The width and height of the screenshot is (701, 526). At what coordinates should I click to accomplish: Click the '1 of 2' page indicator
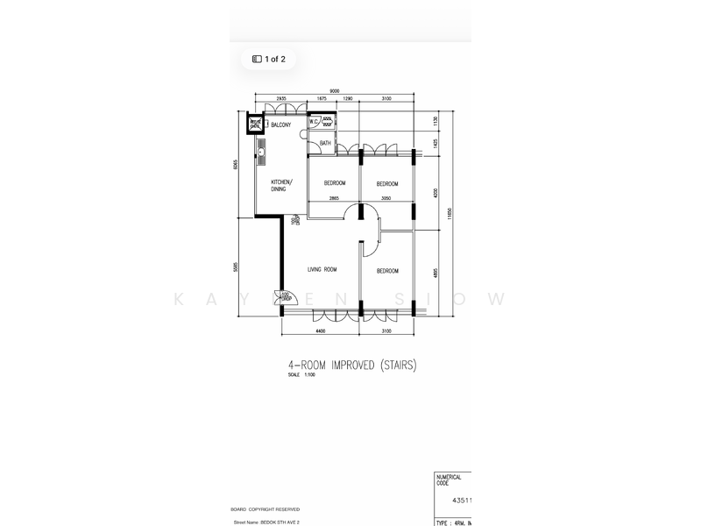pyautogui.click(x=269, y=60)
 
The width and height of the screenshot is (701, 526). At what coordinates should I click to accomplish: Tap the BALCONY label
pyautogui.click(x=280, y=125)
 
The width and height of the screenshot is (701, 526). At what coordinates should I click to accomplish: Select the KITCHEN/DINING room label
pyautogui.click(x=282, y=185)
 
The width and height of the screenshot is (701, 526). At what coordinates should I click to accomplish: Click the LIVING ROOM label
pyautogui.click(x=322, y=270)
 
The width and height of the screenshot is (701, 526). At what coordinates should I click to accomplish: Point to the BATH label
pyautogui.click(x=325, y=143)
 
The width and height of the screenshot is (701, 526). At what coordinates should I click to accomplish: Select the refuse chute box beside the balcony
pyautogui.click(x=256, y=124)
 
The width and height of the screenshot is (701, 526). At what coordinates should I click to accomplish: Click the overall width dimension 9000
pyautogui.click(x=335, y=90)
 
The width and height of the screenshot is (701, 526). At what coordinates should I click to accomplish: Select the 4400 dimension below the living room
pyautogui.click(x=321, y=331)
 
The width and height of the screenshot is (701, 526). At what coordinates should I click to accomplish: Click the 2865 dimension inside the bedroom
pyautogui.click(x=334, y=199)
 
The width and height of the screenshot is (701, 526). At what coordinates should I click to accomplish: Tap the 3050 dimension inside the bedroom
pyautogui.click(x=386, y=199)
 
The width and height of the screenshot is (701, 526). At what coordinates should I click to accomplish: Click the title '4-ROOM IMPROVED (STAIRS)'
pyautogui.click(x=350, y=365)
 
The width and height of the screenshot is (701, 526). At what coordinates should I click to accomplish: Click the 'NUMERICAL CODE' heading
pyautogui.click(x=449, y=480)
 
